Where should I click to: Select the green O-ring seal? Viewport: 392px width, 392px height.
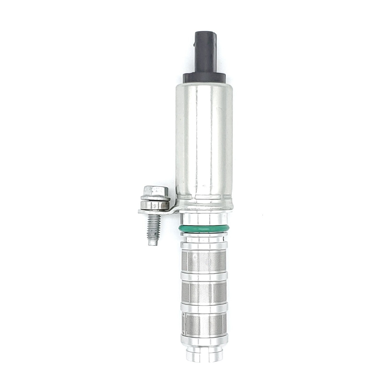(x=204, y=228)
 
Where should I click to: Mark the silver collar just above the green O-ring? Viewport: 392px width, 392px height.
(x=204, y=218)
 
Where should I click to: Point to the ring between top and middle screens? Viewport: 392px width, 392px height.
(x=204, y=276)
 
